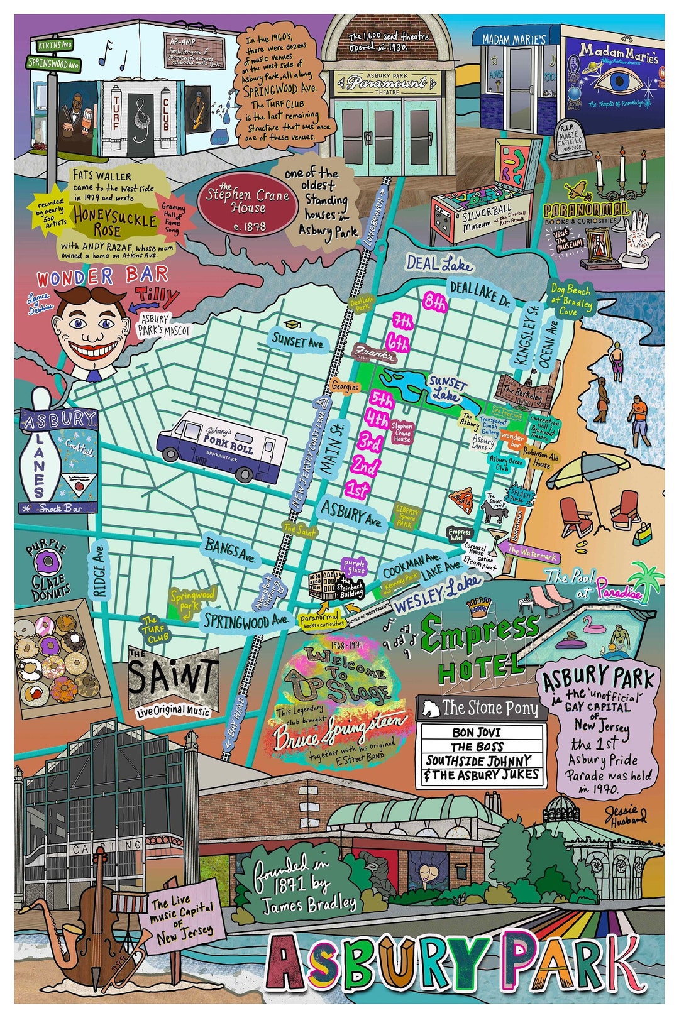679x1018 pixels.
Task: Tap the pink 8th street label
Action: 435,303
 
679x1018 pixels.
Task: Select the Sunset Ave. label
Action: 298,342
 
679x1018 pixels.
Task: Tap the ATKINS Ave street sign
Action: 55,45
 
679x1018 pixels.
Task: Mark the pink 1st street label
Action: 358,489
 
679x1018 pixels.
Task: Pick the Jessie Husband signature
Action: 626,815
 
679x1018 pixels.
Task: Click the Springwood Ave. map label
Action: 245,621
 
